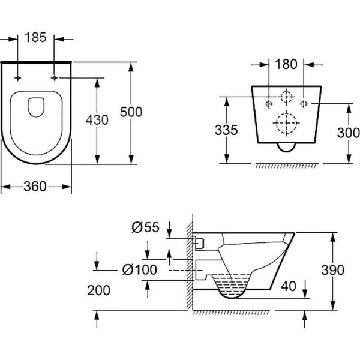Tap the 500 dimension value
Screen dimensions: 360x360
(131, 112)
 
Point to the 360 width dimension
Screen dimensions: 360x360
(36, 187)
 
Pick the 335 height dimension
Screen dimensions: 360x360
(226, 130)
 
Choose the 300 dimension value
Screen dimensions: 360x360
(349, 133)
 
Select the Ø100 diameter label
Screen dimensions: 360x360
(139, 270)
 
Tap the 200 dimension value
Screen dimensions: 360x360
(98, 290)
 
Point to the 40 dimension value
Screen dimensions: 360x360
(289, 286)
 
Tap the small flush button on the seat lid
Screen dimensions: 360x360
(37, 106)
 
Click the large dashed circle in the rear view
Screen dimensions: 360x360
(286, 124)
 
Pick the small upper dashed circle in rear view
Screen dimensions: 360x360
(287, 97)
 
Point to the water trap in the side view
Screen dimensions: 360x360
(231, 285)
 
